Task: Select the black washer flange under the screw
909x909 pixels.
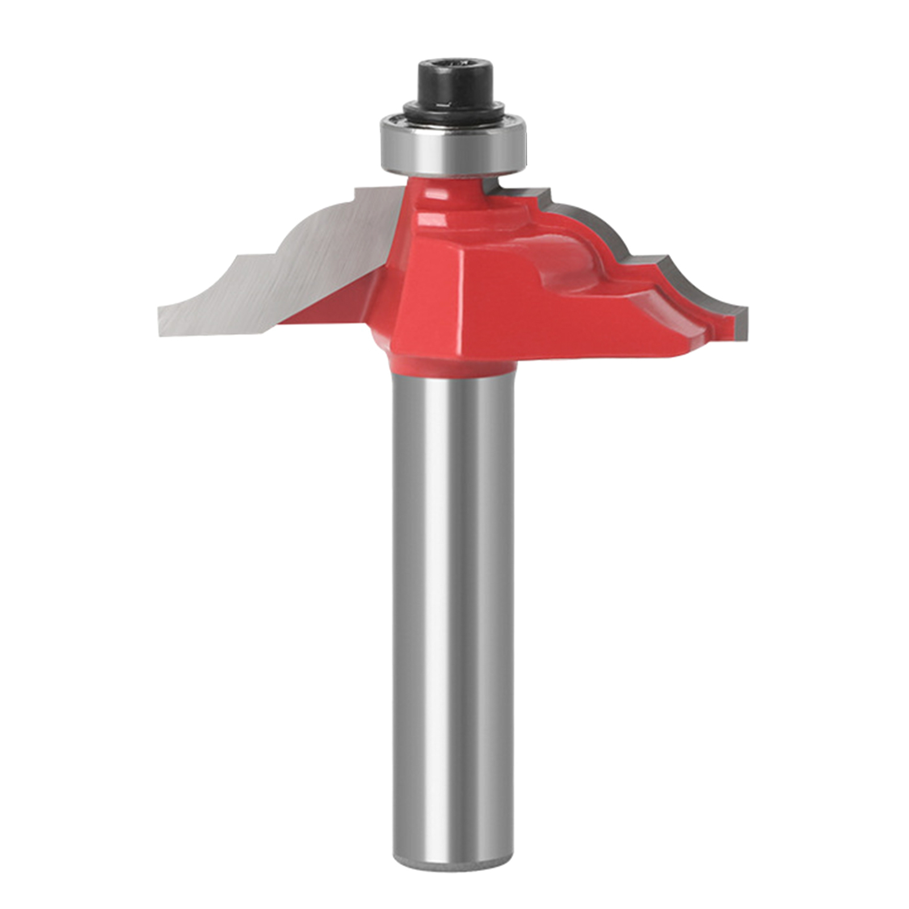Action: (454, 109)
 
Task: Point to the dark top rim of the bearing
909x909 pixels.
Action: (454, 120)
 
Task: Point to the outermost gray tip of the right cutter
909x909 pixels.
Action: (742, 324)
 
